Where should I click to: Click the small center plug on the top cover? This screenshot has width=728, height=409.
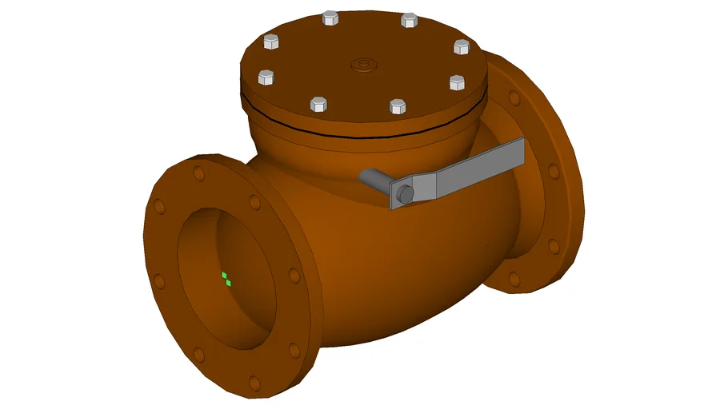pos(365,63)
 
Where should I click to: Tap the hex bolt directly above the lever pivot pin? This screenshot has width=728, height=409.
pos(398,105)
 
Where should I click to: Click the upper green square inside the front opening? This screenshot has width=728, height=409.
pos(224,276)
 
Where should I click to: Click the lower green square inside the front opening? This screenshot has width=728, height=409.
pos(228,282)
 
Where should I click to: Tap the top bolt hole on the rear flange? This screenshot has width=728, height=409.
pos(514,99)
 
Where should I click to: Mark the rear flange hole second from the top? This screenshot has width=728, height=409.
pos(553,171)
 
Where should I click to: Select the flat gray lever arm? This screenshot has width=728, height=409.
pos(480,166)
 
